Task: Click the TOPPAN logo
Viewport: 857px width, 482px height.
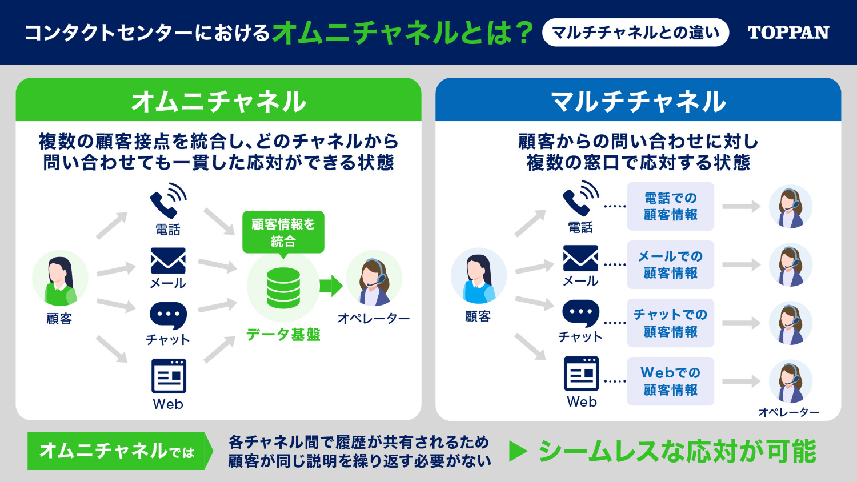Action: click(x=788, y=33)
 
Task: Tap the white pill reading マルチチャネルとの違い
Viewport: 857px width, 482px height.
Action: click(x=635, y=33)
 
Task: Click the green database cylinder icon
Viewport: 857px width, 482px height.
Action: click(x=283, y=288)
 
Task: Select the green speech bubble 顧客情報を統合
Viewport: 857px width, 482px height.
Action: click(x=283, y=233)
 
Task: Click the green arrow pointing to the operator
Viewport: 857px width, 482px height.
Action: click(x=331, y=286)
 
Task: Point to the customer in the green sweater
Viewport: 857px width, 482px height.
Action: click(x=60, y=278)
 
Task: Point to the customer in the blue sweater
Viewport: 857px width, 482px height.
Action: click(x=479, y=276)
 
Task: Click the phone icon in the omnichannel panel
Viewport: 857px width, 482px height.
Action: click(x=168, y=200)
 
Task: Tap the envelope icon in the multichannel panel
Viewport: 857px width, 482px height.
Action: click(x=580, y=258)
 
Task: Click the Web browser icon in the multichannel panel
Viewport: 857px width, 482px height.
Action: click(x=581, y=373)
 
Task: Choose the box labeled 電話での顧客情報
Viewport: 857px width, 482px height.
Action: click(x=670, y=207)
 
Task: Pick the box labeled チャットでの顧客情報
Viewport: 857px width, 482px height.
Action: click(x=670, y=323)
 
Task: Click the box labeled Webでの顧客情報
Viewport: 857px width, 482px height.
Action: click(x=670, y=381)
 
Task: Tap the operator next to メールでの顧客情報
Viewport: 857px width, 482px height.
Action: click(x=790, y=265)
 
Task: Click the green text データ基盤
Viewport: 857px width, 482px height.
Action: click(x=283, y=335)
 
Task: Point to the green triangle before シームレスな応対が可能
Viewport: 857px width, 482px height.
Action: click(x=518, y=451)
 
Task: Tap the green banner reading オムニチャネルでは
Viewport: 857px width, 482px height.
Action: click(x=120, y=451)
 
